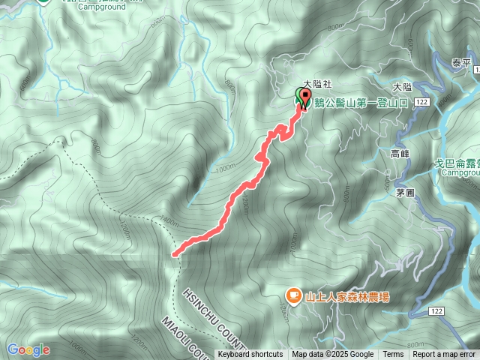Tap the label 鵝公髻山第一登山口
361,103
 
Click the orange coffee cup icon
294,297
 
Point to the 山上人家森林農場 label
347,297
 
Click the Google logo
28,349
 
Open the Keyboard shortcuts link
250,355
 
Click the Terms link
393,355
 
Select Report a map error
444,355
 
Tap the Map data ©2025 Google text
333,355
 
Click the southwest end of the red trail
175,255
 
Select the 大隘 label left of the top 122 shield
402,87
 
